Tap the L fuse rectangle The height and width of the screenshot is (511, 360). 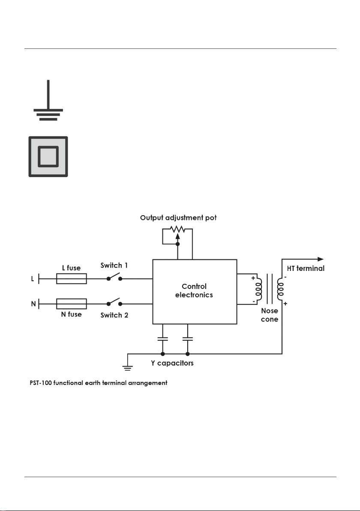(71, 279)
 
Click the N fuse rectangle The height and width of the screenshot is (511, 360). (71, 304)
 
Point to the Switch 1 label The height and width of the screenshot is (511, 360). (114, 266)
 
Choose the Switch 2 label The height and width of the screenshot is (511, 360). (114, 315)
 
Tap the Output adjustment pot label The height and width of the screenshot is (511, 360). (178, 218)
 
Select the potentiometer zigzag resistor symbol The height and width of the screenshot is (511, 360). (177, 229)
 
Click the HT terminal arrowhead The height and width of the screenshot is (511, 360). (321, 259)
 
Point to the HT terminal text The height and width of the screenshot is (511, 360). (306, 268)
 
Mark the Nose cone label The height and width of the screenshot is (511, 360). (270, 315)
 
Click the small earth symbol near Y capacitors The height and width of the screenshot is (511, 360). (127, 368)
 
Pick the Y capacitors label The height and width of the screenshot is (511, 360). (172, 363)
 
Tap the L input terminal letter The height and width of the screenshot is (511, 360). (32, 279)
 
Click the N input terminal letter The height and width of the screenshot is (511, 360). (33, 304)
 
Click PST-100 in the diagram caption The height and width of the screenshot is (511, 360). (41, 383)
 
